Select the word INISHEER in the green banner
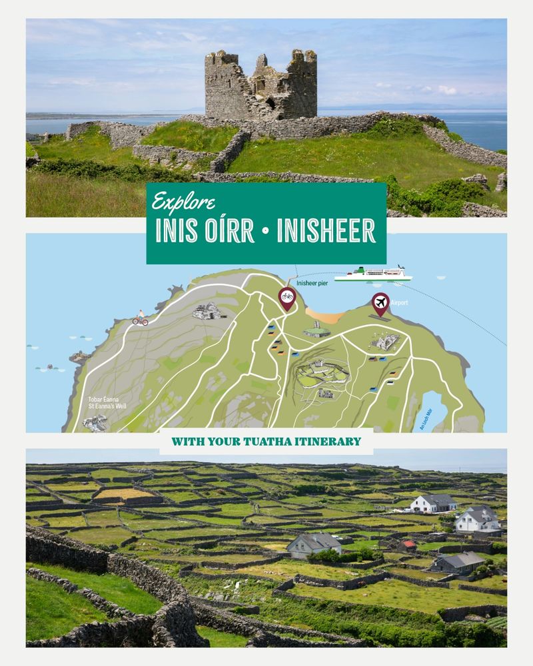pyautogui.click(x=326, y=230)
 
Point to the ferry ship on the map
pyautogui.click(x=372, y=274)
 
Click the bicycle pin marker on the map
pyautogui.click(x=287, y=298)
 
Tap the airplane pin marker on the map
pyautogui.click(x=380, y=304)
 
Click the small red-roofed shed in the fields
pyautogui.click(x=406, y=545)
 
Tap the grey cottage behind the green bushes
pyautogui.click(x=314, y=544)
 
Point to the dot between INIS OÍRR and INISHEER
pyautogui.click(x=266, y=230)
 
